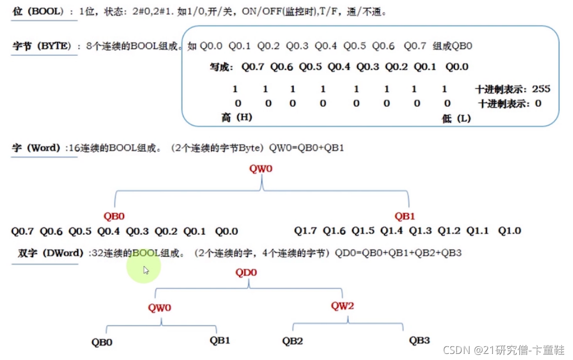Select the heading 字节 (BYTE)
point(42,46)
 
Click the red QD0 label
point(246,272)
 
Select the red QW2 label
point(342,305)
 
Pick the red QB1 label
point(404,216)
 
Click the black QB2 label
point(293,341)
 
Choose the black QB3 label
point(419,341)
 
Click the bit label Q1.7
point(305,230)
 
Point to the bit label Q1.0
point(510,230)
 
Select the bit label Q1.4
point(391,230)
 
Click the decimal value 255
point(541,89)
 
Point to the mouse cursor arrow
point(146,270)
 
